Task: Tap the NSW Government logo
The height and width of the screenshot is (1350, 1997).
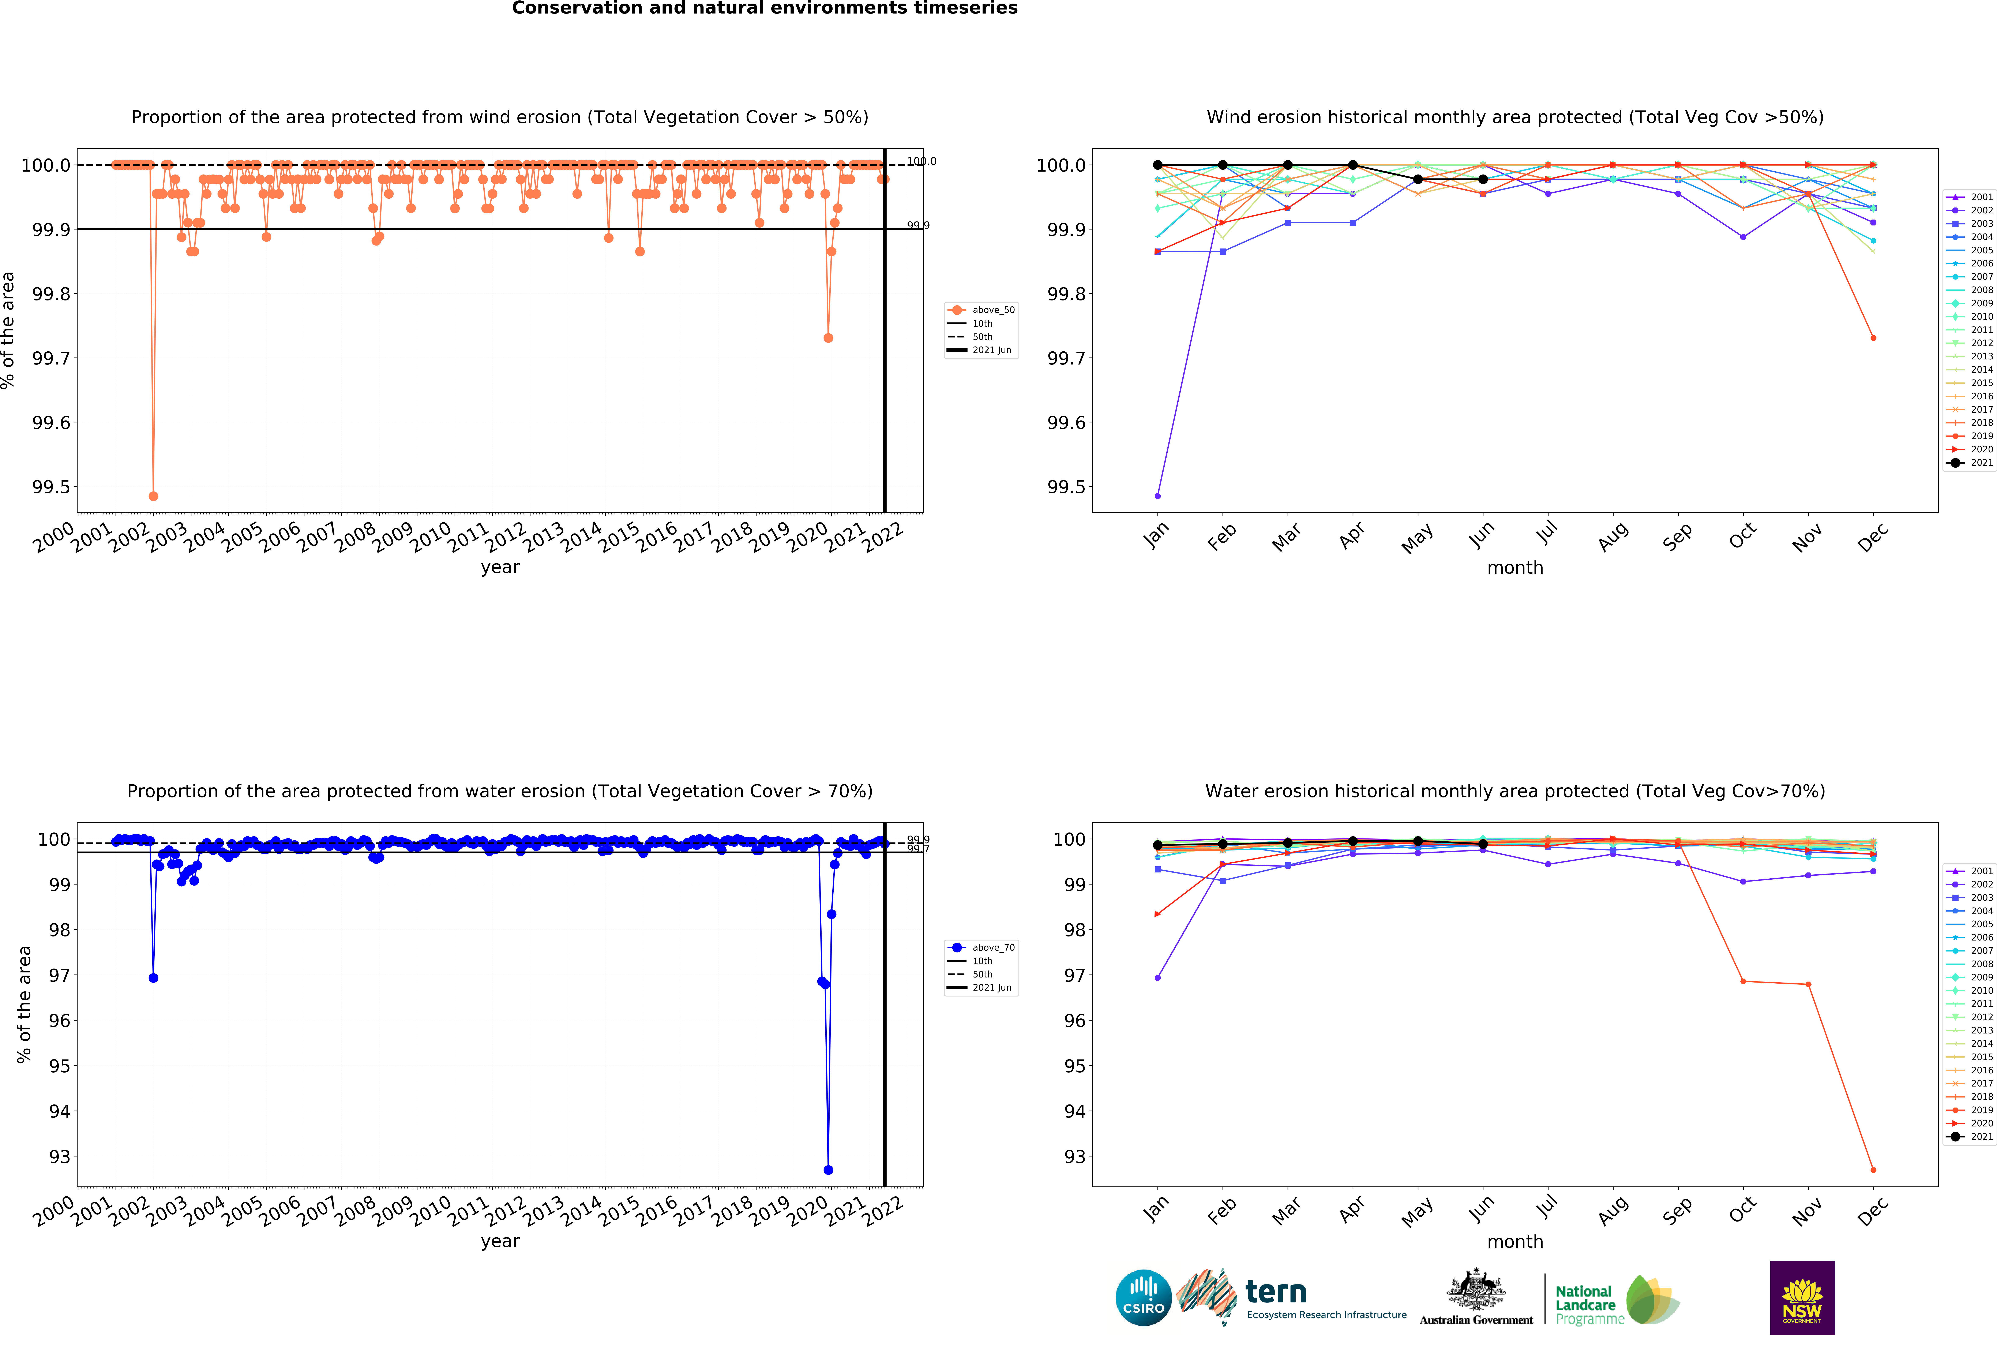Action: [1802, 1298]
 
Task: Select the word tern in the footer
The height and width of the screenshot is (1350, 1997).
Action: [1276, 1291]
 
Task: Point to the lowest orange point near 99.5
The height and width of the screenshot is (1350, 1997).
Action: [153, 496]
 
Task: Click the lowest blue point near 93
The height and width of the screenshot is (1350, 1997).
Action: [827, 1170]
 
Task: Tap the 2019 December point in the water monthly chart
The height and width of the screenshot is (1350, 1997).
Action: [1873, 1170]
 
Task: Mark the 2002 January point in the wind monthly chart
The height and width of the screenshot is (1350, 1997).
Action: [1157, 496]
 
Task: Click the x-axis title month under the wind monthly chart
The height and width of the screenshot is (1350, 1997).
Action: [1515, 568]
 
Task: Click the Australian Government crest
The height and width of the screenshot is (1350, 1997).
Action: [1475, 1289]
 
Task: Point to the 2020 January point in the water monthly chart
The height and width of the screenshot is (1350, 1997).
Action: [1157, 914]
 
